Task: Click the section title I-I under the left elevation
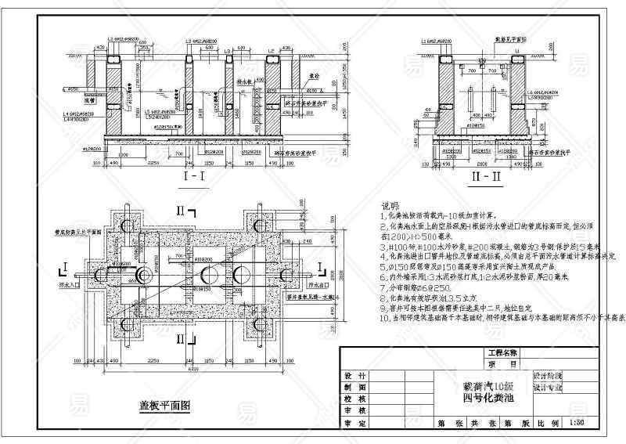192,179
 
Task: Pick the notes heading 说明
388,204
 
